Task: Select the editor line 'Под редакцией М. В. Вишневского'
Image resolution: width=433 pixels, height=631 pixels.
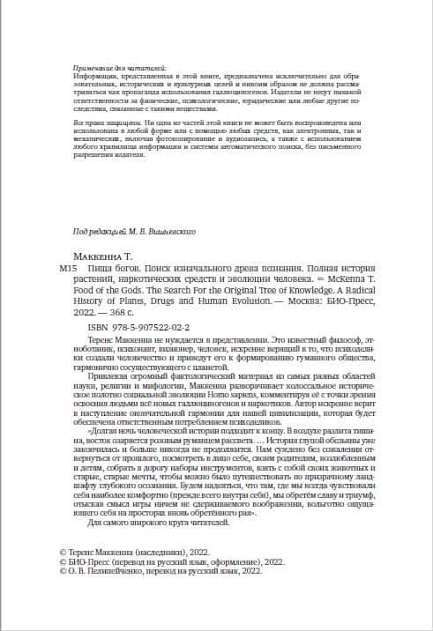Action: click(133, 231)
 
